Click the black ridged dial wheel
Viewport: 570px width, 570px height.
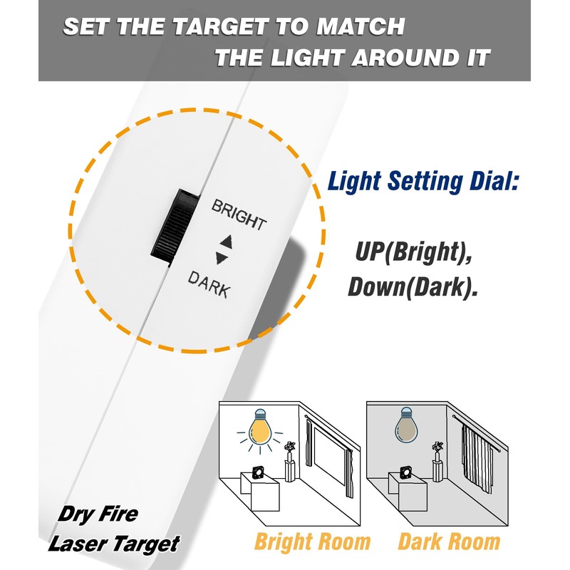click(171, 227)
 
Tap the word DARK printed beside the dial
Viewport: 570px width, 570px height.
click(208, 284)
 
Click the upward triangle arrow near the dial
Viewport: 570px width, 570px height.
click(227, 241)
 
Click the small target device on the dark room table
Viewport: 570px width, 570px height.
click(405, 472)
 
